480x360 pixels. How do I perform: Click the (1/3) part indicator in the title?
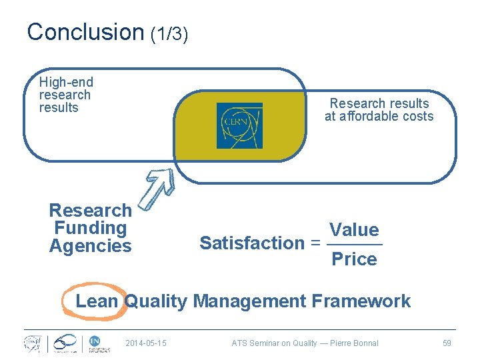pos(169,34)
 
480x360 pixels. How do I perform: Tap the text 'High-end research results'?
pos(66,95)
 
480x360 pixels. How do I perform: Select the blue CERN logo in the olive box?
pos(239,125)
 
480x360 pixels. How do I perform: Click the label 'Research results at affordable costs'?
pos(379,110)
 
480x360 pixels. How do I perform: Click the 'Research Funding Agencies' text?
pos(91,228)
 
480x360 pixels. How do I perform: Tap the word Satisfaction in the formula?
pos(252,243)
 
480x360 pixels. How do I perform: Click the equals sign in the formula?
pos(315,243)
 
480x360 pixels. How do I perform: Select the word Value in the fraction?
pos(354,230)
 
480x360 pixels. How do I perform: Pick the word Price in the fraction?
pos(354,259)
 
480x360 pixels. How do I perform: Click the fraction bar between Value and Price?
pos(354,245)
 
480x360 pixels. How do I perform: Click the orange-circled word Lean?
pos(97,301)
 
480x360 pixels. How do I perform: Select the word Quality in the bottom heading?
pos(156,301)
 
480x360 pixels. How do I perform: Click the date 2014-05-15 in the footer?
pos(146,343)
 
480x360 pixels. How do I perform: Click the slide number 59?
pos(447,343)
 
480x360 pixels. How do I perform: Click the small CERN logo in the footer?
pos(32,343)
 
